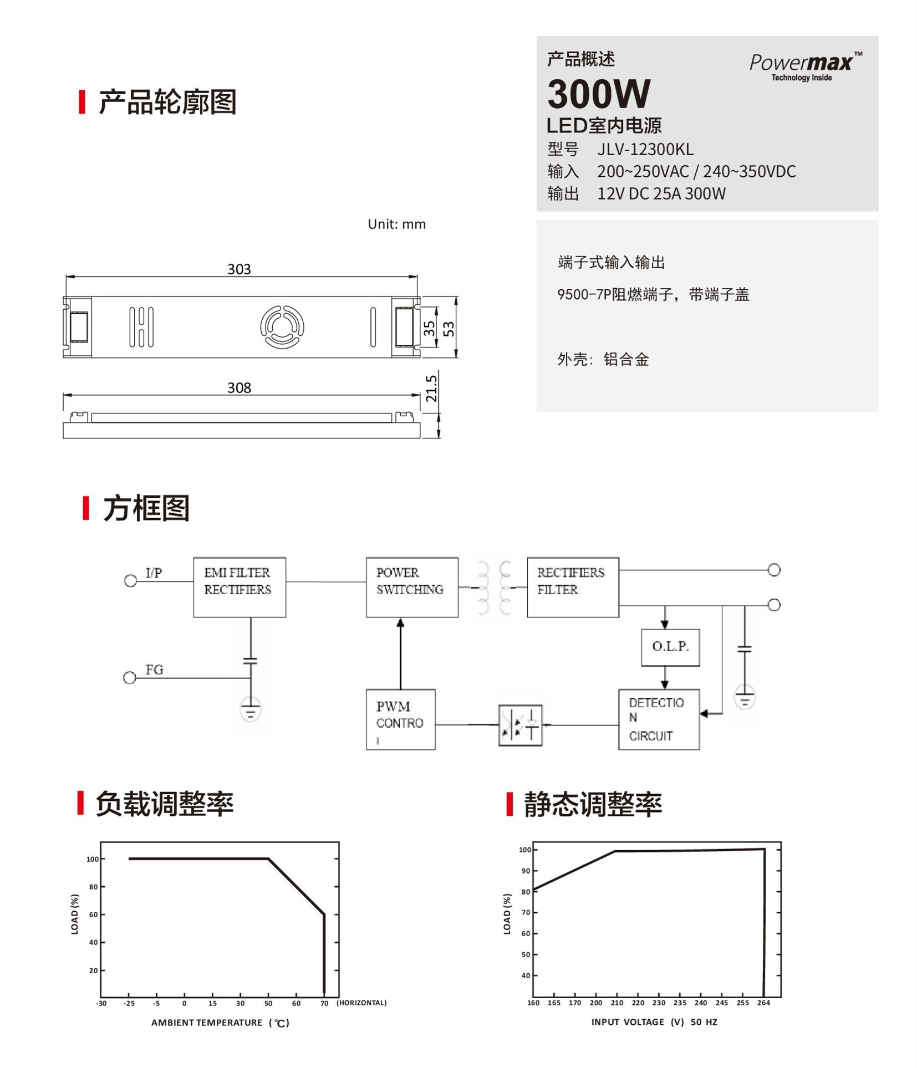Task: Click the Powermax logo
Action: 804,66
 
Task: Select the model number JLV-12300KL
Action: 645,150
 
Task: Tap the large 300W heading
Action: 599,94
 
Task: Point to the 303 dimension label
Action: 239,269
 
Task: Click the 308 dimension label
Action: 239,388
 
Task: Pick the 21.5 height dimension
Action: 431,388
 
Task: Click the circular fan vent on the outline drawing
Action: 282,327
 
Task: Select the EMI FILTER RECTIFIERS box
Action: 240,587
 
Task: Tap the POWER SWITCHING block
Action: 412,587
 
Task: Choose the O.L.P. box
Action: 670,647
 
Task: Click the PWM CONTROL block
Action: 400,719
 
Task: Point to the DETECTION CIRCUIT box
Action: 659,719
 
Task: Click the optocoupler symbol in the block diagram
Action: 520,725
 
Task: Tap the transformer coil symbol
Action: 494,587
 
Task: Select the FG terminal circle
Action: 130,677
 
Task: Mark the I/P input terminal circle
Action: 131,580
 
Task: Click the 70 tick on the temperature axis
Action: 324,1003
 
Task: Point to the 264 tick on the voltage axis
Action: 763,1003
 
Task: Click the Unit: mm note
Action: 396,224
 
